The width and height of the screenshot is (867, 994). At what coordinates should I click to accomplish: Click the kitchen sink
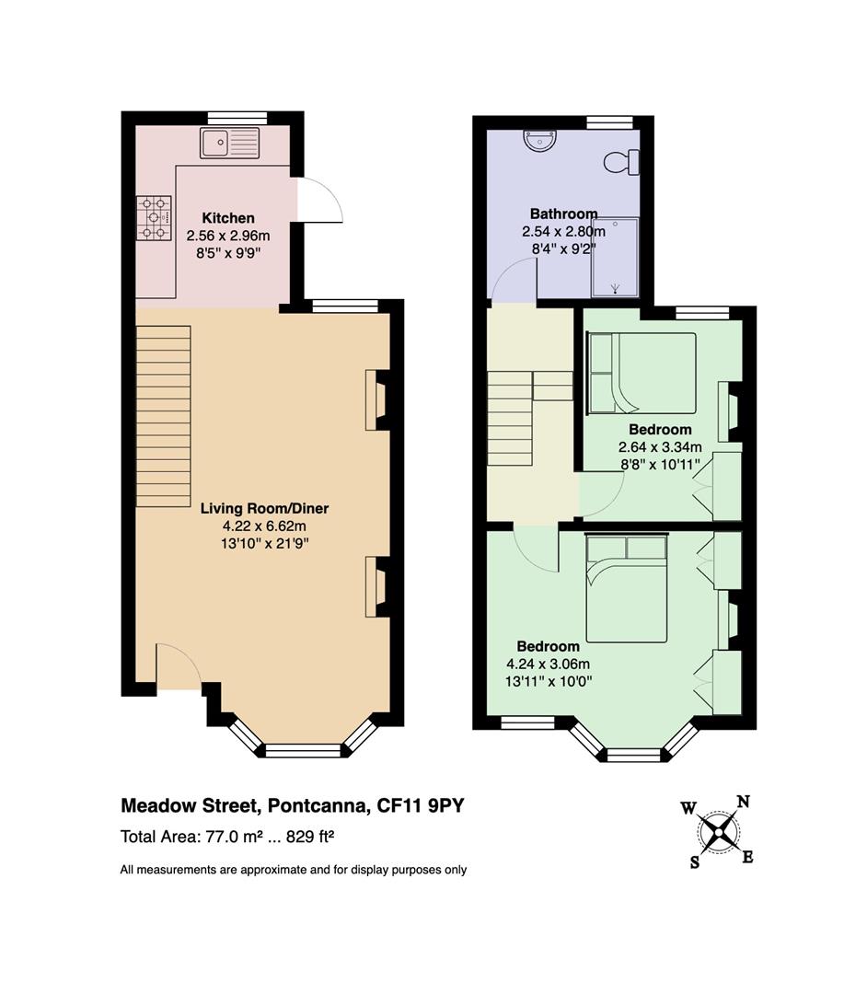[x=229, y=143]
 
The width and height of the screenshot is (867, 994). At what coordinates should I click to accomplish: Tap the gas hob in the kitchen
[x=154, y=217]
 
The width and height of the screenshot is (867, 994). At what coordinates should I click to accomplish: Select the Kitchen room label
[x=228, y=218]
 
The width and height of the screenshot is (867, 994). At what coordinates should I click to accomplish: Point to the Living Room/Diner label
[x=265, y=508]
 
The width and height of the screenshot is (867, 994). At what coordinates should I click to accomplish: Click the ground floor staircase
[x=164, y=416]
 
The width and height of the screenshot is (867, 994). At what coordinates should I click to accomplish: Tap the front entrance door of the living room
[x=179, y=666]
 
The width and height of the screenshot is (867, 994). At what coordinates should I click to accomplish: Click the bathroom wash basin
[x=540, y=140]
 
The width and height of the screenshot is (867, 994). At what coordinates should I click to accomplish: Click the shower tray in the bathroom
[x=615, y=258]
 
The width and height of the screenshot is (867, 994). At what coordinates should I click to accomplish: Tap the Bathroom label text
[x=563, y=214]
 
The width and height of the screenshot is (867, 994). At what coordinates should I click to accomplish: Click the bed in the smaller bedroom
[x=642, y=374]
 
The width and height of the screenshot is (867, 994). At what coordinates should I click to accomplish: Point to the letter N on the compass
[x=744, y=802]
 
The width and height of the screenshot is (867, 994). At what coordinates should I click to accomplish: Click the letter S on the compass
[x=695, y=862]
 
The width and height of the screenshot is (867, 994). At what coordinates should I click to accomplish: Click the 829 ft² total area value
[x=310, y=837]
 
